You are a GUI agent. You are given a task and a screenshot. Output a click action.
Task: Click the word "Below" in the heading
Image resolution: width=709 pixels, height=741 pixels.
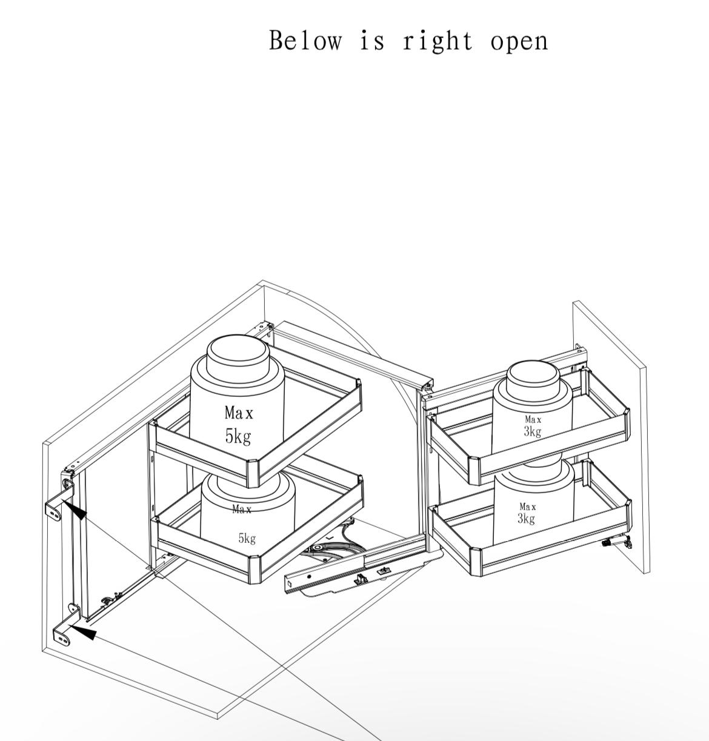coord(305,41)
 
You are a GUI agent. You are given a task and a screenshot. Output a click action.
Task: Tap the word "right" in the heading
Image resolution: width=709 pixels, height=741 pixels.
coord(438,41)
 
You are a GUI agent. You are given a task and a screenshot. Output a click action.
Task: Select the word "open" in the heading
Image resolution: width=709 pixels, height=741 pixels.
coord(519,42)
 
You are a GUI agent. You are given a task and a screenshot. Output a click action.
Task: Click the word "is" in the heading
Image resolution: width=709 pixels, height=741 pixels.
coord(372,41)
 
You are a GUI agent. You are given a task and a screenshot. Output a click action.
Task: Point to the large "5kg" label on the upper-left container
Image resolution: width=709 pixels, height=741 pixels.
coord(238,436)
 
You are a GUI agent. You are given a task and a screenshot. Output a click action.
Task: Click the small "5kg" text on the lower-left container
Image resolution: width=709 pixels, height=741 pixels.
coord(247,538)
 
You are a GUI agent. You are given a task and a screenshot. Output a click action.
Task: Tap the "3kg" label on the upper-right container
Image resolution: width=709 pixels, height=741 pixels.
coord(532,431)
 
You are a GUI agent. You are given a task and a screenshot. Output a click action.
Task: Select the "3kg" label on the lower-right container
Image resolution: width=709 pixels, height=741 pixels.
coord(526,519)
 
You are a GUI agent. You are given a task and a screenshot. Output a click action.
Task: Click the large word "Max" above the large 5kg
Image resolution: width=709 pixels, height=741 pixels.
coord(239,413)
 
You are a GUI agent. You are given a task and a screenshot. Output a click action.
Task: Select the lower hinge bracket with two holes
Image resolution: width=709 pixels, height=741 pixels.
coord(65,629)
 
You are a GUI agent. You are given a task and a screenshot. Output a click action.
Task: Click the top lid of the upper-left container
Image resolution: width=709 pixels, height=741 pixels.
coord(238,351)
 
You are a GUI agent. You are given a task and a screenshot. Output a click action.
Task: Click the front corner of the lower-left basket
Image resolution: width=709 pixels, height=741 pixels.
coord(255,570)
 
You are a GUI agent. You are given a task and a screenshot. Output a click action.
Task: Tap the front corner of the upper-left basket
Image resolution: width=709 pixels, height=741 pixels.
coord(253,473)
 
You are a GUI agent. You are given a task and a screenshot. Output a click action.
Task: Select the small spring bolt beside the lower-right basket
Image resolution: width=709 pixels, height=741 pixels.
coord(617,542)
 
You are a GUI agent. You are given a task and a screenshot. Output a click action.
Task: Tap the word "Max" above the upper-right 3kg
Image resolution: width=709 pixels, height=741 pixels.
coord(533,420)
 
